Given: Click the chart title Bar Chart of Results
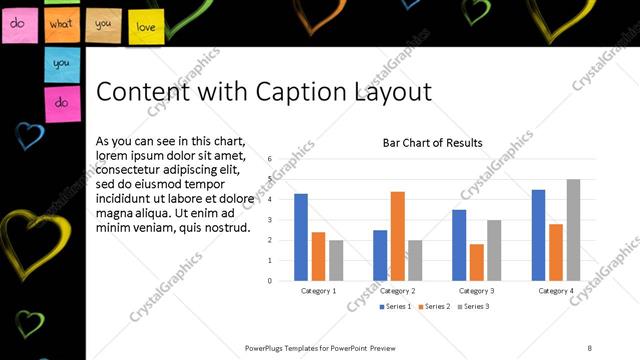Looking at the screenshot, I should (432, 143).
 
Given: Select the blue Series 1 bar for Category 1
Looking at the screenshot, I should (300, 237).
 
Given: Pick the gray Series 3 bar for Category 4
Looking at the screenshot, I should (573, 230).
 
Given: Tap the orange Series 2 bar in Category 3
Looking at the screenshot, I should (476, 262).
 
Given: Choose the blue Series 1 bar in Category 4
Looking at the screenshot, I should (538, 235).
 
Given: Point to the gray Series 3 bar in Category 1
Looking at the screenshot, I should (336, 260).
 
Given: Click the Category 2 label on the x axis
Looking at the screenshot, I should (397, 291).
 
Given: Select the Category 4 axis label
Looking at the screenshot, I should (555, 291).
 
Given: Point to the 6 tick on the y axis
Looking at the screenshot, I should (270, 159).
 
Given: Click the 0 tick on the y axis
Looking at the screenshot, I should (270, 281).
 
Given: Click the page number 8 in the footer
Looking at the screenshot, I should (589, 348).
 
